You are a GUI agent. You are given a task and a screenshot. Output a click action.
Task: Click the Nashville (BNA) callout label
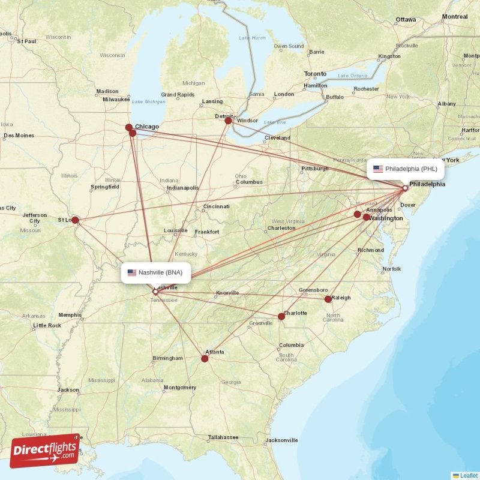coord(157,272)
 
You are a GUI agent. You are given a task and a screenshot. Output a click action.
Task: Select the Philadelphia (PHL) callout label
coord(406,169)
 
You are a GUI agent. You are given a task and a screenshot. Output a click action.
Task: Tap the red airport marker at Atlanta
coord(205,359)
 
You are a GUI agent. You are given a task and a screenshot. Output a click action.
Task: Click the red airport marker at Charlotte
coord(281,316)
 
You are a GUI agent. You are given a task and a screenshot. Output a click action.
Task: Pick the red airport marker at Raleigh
coord(328,299)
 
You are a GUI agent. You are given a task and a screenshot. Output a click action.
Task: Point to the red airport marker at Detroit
coord(228,121)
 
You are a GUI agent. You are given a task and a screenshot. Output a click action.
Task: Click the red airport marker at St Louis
coord(75,220)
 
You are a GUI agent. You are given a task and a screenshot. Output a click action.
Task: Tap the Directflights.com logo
coord(44,451)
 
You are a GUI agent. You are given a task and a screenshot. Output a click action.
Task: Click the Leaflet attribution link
coord(469,475)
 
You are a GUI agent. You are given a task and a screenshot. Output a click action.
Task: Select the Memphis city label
coord(70,314)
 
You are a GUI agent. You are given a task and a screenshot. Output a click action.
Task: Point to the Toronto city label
coord(315,74)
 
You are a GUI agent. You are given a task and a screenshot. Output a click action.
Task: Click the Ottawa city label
coord(406,20)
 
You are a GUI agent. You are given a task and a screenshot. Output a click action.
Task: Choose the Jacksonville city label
coord(281,440)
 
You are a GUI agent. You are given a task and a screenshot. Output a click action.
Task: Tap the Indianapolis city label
coord(182,188)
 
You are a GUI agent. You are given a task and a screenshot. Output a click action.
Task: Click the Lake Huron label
coord(252,38)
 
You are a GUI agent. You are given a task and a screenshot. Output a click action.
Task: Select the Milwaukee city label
coord(116,99)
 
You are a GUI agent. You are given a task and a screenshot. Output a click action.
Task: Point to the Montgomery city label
coord(179,388)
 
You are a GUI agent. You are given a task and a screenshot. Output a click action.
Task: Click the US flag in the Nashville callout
coord(131,272)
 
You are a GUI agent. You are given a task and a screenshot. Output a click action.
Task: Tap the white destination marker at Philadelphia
coord(405,188)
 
